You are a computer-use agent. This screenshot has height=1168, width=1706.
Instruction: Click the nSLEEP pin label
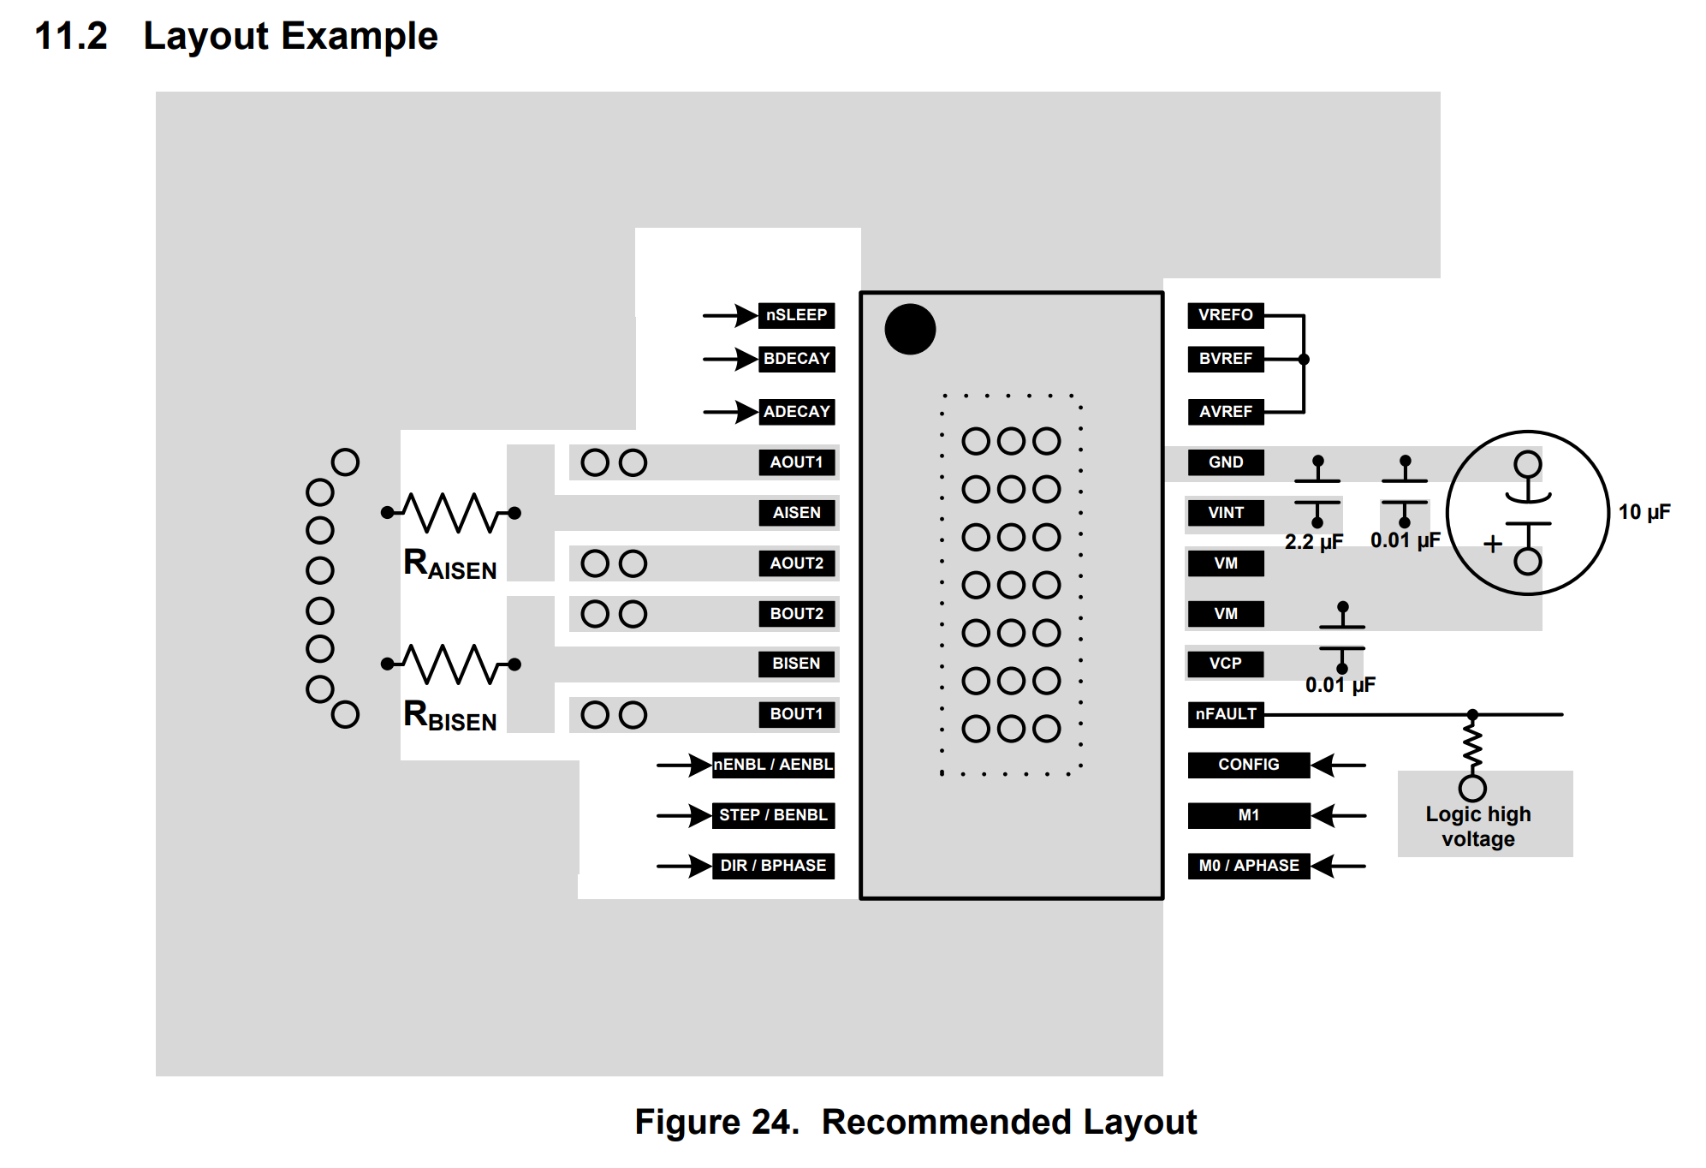tap(796, 315)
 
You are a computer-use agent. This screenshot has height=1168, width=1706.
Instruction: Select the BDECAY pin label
tap(796, 359)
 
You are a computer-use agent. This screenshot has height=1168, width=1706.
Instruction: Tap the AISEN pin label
tap(796, 513)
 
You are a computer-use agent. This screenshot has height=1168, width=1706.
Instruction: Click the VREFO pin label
tap(1225, 315)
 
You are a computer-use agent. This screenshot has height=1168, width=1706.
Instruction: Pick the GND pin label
tap(1225, 462)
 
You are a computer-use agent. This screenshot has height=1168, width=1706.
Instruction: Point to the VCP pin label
tap(1225, 664)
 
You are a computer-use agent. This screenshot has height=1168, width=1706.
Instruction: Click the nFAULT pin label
tap(1225, 714)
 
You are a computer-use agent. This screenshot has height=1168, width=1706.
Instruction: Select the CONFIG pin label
tap(1248, 765)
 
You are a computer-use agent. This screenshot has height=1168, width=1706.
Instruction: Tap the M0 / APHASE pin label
tap(1248, 866)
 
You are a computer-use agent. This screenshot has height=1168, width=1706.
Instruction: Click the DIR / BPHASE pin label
tap(773, 866)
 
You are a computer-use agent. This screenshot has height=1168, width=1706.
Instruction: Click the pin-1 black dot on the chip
tap(910, 330)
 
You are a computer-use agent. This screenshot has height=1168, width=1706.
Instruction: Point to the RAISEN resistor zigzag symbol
tap(451, 512)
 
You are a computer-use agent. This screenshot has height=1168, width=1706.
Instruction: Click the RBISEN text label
tap(450, 716)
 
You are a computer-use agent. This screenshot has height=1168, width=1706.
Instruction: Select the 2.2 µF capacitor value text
tap(1314, 542)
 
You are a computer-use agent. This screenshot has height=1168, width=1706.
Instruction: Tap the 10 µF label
tap(1644, 512)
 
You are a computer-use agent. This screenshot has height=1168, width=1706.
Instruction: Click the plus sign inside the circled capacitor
tap(1493, 544)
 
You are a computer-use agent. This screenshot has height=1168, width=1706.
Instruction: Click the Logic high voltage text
tap(1478, 826)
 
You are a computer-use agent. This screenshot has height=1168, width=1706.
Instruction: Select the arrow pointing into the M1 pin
tap(1338, 815)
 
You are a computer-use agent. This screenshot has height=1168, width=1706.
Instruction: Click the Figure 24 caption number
tap(716, 1122)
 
